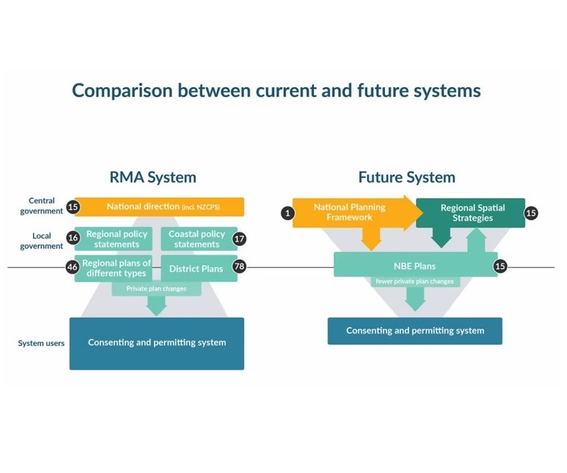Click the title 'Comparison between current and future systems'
point(276,91)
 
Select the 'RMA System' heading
point(152,177)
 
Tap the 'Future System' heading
point(407,177)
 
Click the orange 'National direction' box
point(163,206)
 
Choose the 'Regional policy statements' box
point(117,239)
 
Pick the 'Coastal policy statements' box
point(198,239)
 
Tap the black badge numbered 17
point(239,239)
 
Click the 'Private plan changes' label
point(157,289)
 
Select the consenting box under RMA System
point(157,343)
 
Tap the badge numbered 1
point(286,212)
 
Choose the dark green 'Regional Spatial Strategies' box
point(470,213)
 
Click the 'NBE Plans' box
point(415,266)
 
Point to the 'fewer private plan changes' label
point(415,281)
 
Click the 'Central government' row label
point(41,206)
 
